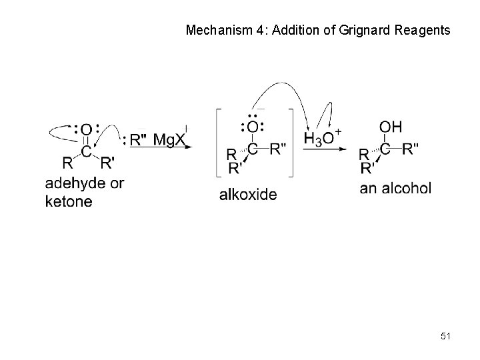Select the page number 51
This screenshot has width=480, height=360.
(445, 337)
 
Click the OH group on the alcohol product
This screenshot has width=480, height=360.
(390, 127)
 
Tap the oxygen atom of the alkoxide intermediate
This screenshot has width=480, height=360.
(253, 127)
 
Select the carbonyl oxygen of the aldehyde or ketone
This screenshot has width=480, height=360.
(87, 129)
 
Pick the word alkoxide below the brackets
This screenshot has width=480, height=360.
(247, 195)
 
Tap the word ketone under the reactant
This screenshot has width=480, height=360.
(69, 201)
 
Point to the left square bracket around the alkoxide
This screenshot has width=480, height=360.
(218, 142)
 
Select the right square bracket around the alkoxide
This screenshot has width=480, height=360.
(291, 142)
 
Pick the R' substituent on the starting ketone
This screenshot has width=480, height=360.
(107, 162)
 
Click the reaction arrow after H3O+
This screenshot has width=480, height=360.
(326, 149)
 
